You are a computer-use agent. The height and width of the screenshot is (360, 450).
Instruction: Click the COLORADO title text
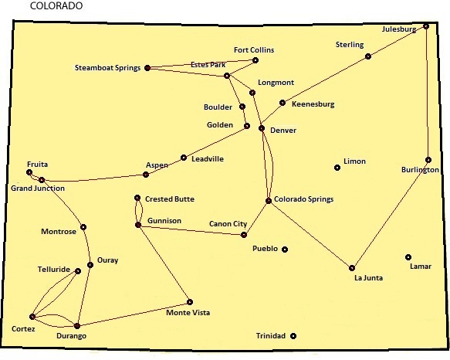(x=56, y=5)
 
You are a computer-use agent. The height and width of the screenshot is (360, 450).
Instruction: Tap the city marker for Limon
(x=337, y=168)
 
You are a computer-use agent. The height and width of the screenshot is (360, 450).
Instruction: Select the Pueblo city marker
(x=285, y=250)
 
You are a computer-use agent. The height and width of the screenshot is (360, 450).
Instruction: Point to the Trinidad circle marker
(x=293, y=336)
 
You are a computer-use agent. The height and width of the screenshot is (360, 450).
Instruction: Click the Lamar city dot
(x=408, y=257)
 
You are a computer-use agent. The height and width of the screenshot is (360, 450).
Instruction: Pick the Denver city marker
(x=262, y=128)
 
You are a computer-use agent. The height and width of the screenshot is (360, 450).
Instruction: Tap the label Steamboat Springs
(x=107, y=68)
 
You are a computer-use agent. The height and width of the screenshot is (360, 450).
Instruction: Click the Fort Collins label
(x=254, y=50)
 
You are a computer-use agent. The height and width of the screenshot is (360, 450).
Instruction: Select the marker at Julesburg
(x=426, y=26)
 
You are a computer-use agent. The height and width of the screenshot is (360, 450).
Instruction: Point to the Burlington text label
(x=420, y=170)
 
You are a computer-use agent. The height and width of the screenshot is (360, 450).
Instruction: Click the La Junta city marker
(x=352, y=268)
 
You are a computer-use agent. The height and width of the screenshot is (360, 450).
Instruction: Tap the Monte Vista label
(x=188, y=313)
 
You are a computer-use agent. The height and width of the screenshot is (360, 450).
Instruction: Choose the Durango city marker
(x=77, y=326)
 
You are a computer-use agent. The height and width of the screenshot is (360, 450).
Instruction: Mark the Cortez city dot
(x=32, y=317)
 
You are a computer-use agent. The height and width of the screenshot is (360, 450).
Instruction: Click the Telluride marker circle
(x=78, y=271)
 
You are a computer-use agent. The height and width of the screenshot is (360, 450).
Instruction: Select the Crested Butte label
(x=170, y=199)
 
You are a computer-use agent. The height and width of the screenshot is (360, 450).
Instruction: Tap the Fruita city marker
(x=29, y=172)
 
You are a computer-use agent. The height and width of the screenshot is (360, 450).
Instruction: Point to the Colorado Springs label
(x=304, y=199)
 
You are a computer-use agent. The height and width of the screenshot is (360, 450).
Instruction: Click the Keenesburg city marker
(x=283, y=103)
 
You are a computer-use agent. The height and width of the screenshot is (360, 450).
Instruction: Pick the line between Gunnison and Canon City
(x=191, y=230)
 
